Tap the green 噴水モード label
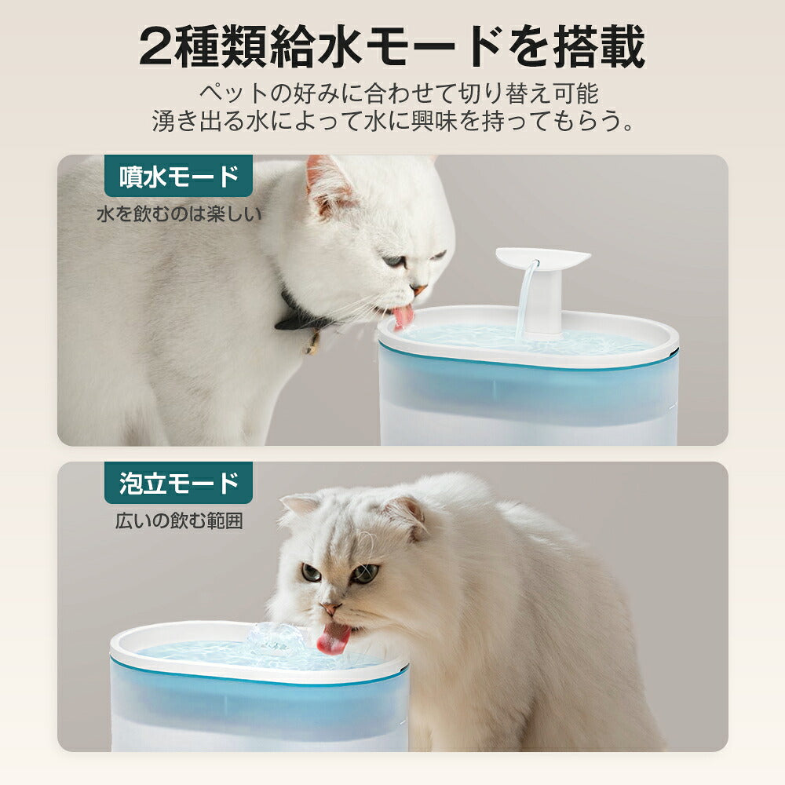[178, 177]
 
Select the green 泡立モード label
[178, 483]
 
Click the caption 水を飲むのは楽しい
[178, 214]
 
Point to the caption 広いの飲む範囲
[178, 520]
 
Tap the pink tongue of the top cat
[403, 316]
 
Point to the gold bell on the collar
[313, 343]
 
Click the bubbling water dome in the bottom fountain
[274, 640]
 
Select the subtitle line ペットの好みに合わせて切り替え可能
[398, 94]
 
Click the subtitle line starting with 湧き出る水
[392, 122]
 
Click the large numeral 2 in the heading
[158, 49]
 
